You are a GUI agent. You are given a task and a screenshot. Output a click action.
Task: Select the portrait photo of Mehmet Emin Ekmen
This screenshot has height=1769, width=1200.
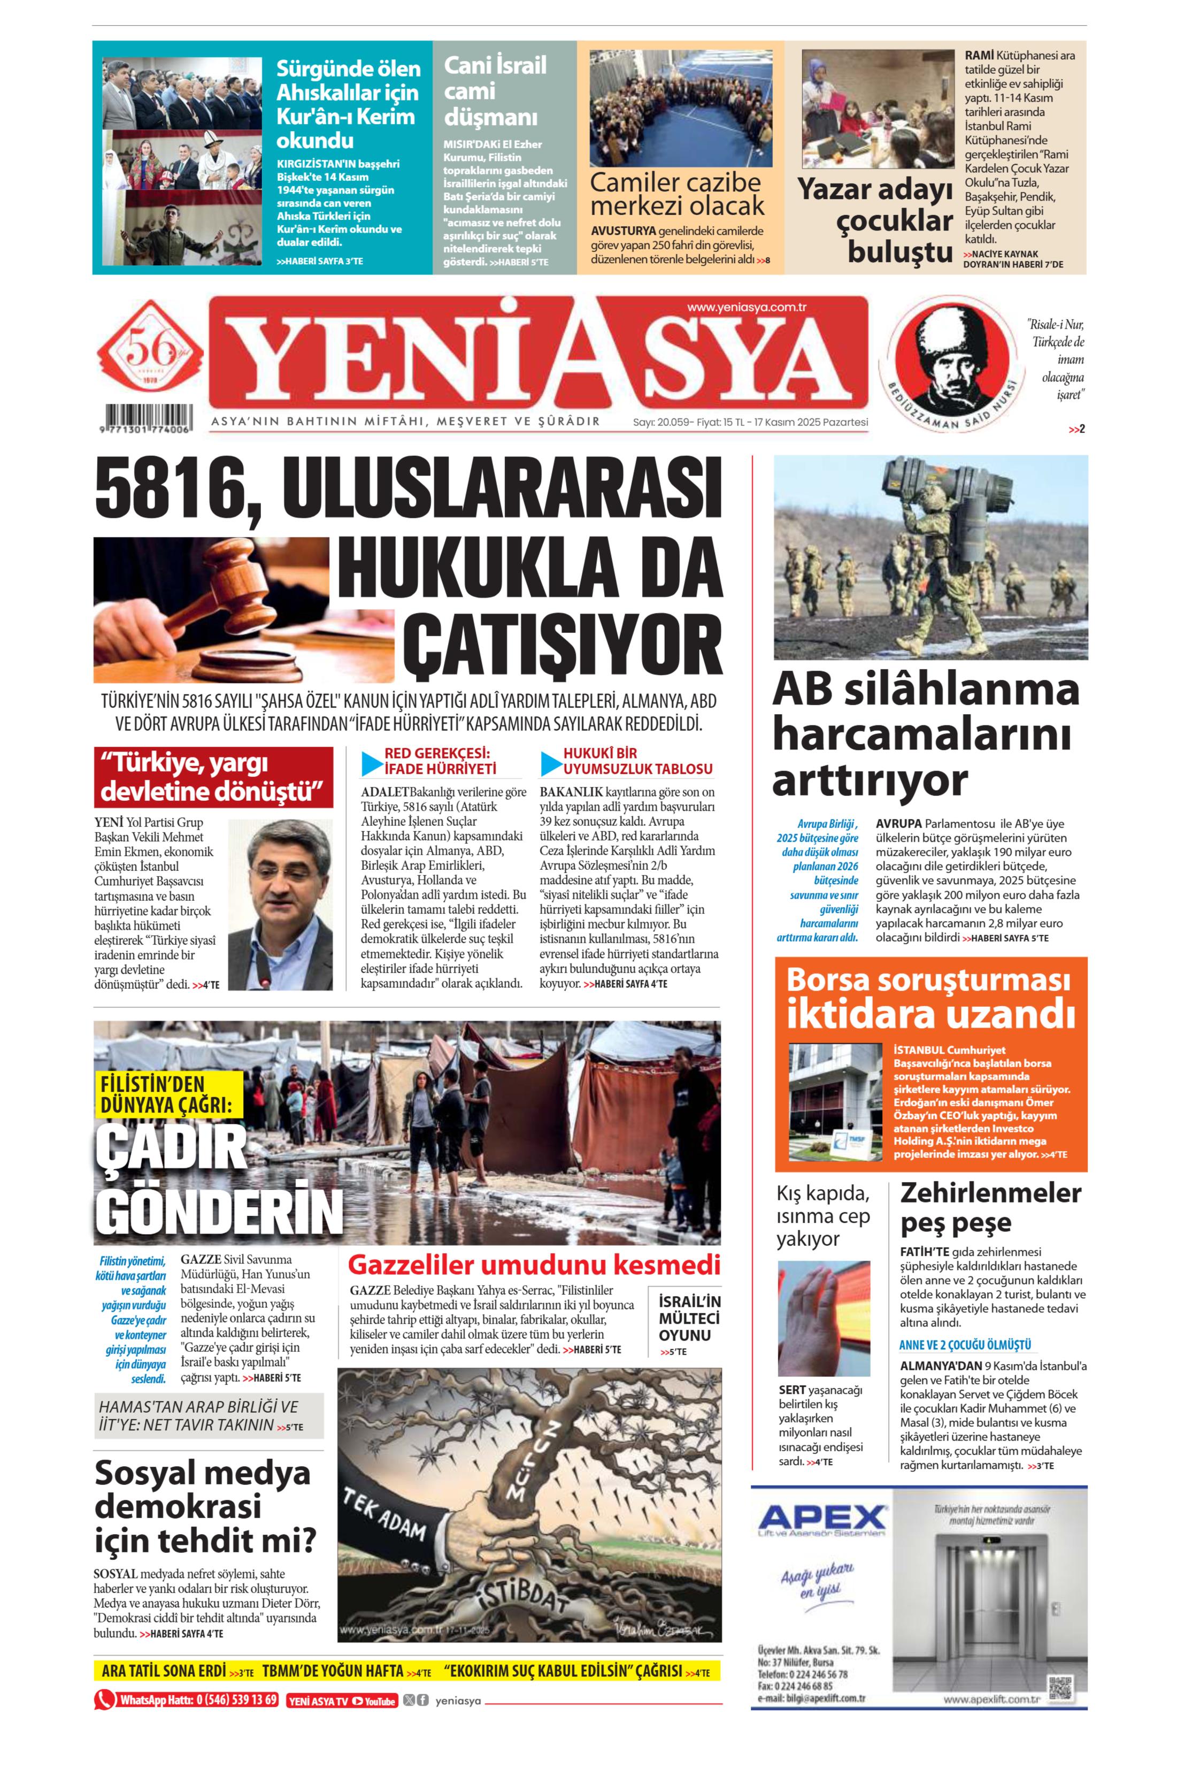[x=280, y=903]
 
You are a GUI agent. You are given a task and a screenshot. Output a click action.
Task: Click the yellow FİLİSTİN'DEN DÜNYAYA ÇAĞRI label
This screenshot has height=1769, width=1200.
[x=167, y=1094]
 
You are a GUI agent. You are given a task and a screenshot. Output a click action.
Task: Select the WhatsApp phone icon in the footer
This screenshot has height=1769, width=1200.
[x=104, y=1700]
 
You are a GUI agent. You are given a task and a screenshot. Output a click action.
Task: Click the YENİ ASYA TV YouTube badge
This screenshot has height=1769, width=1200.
[x=342, y=1701]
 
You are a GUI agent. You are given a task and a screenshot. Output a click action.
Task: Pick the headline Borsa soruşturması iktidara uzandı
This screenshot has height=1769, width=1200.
[x=930, y=997]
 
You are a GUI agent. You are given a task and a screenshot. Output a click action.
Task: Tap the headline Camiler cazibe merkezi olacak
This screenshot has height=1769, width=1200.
[x=676, y=194]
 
